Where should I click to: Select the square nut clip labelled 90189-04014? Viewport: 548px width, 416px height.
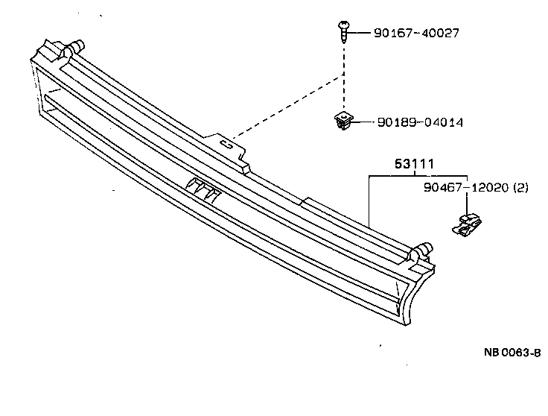point(342,121)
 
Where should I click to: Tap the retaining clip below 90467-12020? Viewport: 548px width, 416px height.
point(467,224)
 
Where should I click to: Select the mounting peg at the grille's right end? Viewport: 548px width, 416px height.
point(421,251)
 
